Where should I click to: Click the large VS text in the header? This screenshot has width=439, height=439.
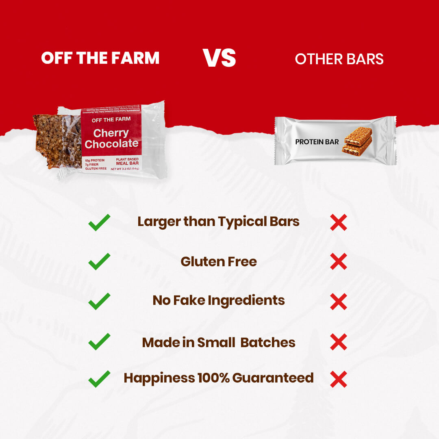tap(219, 58)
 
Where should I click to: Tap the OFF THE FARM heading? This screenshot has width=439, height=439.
tap(100, 59)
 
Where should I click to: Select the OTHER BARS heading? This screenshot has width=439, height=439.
tap(339, 59)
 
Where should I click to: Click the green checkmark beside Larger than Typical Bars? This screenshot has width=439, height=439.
tap(99, 222)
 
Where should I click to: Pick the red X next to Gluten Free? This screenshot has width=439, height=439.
tap(339, 261)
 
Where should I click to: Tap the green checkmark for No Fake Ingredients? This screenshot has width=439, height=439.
tap(99, 301)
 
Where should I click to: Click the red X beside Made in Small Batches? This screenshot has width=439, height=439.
tap(339, 342)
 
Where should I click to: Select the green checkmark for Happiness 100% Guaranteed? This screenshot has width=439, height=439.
tap(99, 378)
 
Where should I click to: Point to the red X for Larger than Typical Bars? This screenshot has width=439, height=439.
tap(339, 222)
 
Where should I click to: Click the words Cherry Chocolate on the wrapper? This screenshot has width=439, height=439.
tap(111, 139)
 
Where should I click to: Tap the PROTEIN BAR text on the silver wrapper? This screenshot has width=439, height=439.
tap(317, 142)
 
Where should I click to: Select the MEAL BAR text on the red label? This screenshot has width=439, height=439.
tap(128, 163)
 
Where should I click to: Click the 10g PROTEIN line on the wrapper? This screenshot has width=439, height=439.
tap(95, 160)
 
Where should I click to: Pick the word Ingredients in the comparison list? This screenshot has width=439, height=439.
tap(246, 301)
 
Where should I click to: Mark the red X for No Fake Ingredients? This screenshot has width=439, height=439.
tap(339, 302)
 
